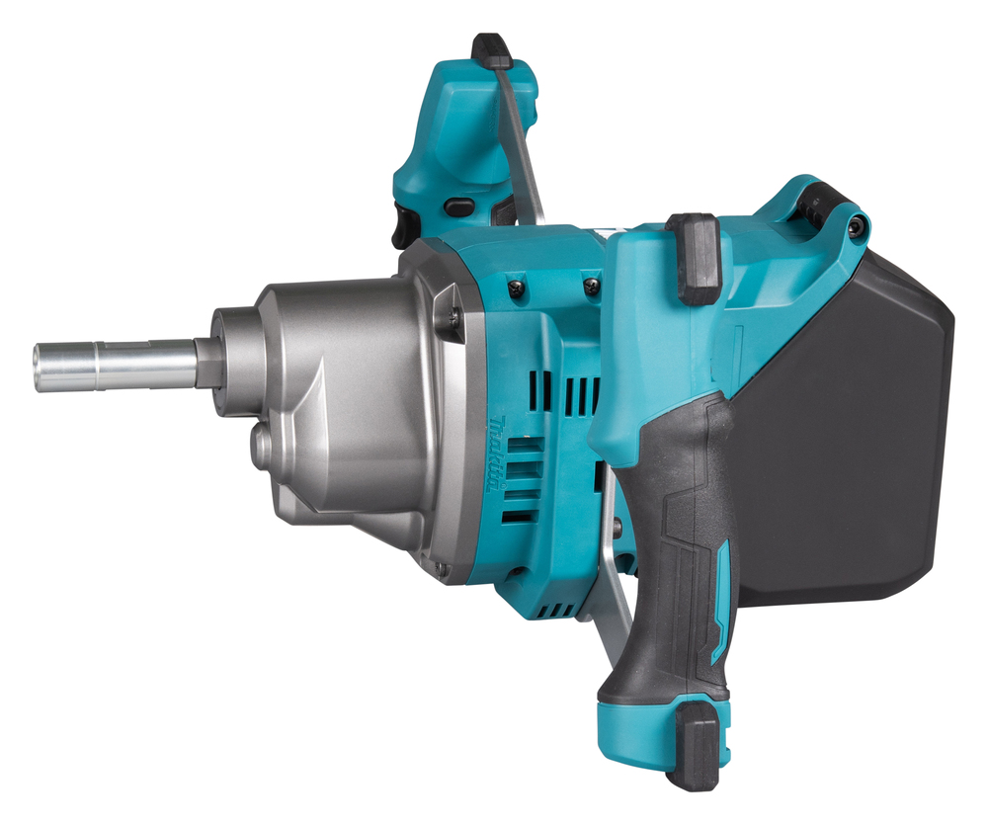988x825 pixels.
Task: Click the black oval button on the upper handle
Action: [x=457, y=206]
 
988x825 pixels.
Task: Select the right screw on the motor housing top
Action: [x=591, y=287]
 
